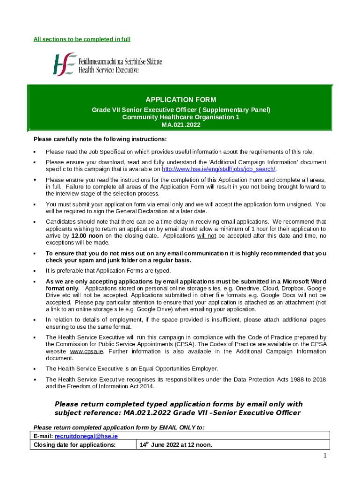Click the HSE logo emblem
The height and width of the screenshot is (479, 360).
pyautogui.click(x=64, y=64)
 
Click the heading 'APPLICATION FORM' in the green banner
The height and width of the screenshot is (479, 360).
pyautogui.click(x=180, y=100)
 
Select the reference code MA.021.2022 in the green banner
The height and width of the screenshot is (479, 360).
pyautogui.click(x=180, y=124)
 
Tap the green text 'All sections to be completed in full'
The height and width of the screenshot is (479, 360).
pyautogui.click(x=82, y=39)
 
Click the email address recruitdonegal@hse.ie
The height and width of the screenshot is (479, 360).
pyautogui.click(x=86, y=436)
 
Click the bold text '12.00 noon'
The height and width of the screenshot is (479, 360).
pyautogui.click(x=87, y=236)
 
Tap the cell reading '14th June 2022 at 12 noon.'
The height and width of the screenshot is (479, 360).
pyautogui.click(x=176, y=445)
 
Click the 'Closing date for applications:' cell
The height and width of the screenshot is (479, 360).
pyautogui.click(x=75, y=445)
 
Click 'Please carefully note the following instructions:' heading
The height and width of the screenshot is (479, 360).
pyautogui.click(x=100, y=139)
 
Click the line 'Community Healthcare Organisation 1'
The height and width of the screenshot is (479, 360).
pyautogui.click(x=180, y=117)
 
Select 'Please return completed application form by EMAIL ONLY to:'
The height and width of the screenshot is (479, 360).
pyautogui.click(x=119, y=427)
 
